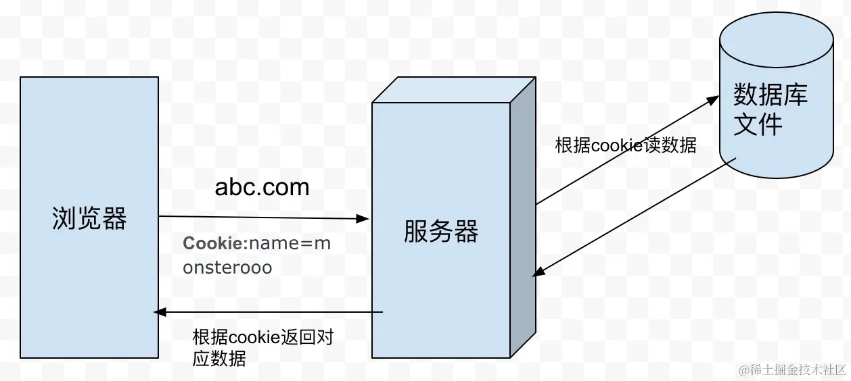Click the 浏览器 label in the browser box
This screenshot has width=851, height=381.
click(89, 218)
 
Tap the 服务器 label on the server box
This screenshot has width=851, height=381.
click(441, 231)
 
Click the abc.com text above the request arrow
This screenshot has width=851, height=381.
click(262, 187)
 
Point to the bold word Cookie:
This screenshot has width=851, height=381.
click(211, 244)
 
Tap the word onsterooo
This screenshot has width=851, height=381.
click(227, 268)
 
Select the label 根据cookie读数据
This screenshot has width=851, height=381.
click(625, 145)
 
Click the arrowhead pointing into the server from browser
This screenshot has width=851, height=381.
click(363, 219)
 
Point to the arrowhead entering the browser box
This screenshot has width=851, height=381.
click(160, 311)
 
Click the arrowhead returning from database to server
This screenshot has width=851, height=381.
click(537, 272)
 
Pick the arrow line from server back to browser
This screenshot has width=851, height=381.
click(271, 312)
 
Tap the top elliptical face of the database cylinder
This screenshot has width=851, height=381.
click(775, 38)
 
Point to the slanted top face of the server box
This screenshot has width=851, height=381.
click(453, 90)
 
